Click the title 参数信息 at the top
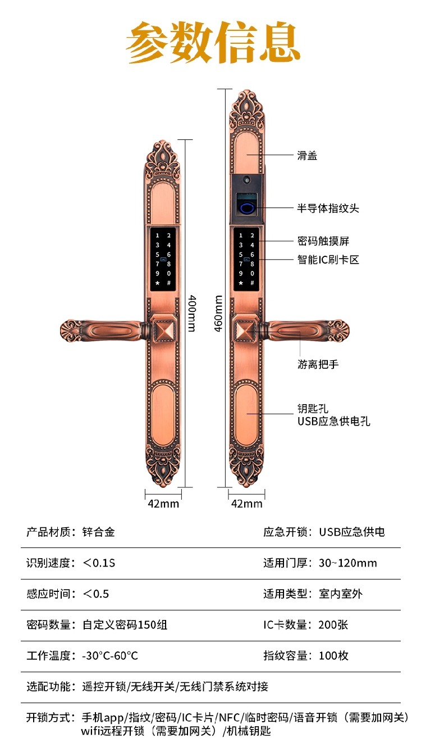pyautogui.click(x=213, y=42)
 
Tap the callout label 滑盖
pyautogui.click(x=307, y=156)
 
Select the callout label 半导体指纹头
pyautogui.click(x=328, y=209)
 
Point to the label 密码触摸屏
pyautogui.click(x=323, y=241)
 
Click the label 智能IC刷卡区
pyautogui.click(x=328, y=259)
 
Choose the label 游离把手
pyautogui.click(x=318, y=364)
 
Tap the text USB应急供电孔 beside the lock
pyautogui.click(x=333, y=422)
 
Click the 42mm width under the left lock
pyautogui.click(x=163, y=504)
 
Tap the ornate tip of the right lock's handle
pyautogui.click(x=338, y=331)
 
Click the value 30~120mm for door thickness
pyautogui.click(x=348, y=563)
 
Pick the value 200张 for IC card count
pyautogui.click(x=333, y=624)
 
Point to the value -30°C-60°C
pyautogui.click(x=110, y=655)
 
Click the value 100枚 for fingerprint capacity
pyautogui.click(x=333, y=655)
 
